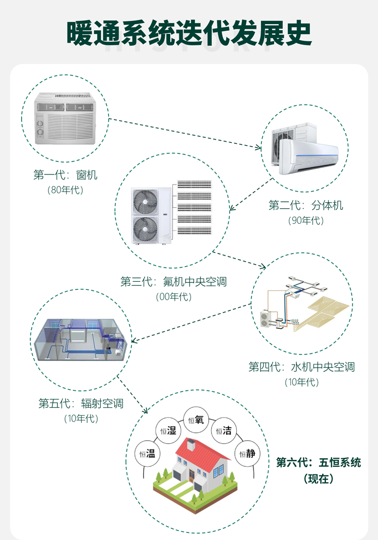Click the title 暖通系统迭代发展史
coord(189,33)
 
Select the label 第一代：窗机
coord(65,175)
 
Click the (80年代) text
coord(65,190)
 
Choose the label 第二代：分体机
coord(305,205)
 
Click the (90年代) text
coord(305,220)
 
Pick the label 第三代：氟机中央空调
coord(173,281)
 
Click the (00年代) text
coord(174,297)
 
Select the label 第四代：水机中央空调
coord(301,367)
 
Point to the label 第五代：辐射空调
coord(81,403)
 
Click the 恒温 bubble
coord(147,453)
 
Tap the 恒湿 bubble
coord(168,430)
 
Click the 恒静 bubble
coord(247,453)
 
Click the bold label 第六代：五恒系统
coord(319,462)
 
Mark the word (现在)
coord(319,478)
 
